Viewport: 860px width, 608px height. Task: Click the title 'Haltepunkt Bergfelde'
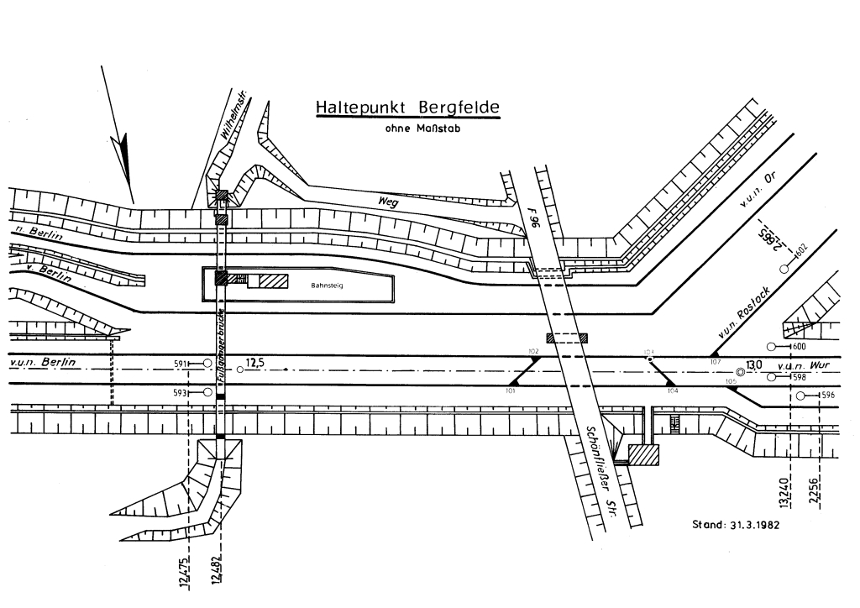pyautogui.click(x=406, y=108)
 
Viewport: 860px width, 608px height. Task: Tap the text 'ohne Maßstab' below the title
pyautogui.click(x=417, y=129)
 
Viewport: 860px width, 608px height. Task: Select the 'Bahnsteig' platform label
pyautogui.click(x=328, y=286)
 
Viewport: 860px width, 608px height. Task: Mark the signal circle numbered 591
pyautogui.click(x=207, y=363)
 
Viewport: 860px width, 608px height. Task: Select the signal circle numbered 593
pyautogui.click(x=207, y=392)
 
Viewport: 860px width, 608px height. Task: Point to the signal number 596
pyautogui.click(x=828, y=396)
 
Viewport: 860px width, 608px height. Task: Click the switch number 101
pyautogui.click(x=511, y=390)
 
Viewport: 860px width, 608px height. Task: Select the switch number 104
pyautogui.click(x=672, y=390)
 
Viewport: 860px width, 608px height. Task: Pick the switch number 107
pyautogui.click(x=715, y=361)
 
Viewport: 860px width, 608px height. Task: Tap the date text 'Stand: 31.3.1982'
pyautogui.click(x=735, y=525)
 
